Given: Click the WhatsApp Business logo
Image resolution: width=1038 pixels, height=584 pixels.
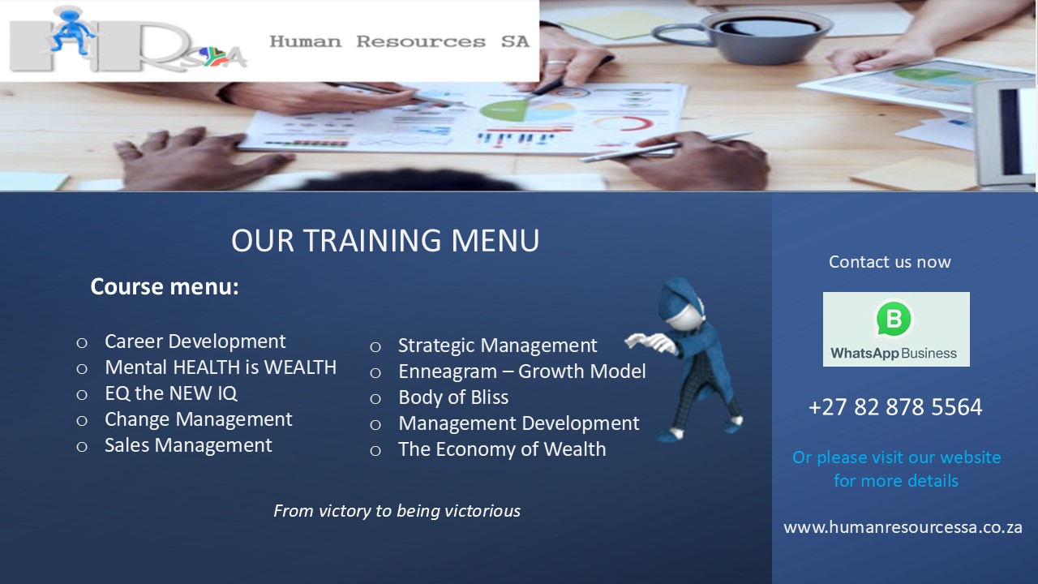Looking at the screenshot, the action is click(896, 329).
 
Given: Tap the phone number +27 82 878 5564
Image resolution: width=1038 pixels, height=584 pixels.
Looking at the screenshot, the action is click(894, 407).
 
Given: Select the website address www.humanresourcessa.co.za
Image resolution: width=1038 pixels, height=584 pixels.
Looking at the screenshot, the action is click(903, 527).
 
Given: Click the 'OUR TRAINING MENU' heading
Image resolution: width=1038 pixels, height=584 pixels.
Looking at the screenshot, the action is click(385, 241).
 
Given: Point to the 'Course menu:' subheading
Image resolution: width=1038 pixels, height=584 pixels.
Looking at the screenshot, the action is click(165, 286).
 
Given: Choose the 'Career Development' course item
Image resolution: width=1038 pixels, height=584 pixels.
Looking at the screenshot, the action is click(195, 341).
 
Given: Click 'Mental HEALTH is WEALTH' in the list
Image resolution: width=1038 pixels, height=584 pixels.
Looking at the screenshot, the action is click(221, 367).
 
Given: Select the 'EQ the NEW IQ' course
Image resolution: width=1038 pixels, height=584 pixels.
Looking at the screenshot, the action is click(171, 393).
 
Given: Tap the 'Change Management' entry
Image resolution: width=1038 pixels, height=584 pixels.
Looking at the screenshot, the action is click(199, 419).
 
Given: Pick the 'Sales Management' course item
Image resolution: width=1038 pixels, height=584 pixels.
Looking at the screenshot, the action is click(188, 445).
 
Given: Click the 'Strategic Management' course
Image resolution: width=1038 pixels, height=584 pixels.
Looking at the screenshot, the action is click(498, 346).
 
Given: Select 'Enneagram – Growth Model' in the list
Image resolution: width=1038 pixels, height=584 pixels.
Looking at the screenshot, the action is click(521, 371).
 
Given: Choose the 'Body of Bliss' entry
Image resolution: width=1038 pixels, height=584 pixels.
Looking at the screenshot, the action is click(453, 397).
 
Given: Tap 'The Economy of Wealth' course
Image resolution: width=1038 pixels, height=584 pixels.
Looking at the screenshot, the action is click(502, 449).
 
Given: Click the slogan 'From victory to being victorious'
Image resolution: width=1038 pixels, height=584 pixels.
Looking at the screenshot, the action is click(397, 511).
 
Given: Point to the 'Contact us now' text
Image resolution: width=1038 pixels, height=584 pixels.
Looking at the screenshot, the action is click(890, 262).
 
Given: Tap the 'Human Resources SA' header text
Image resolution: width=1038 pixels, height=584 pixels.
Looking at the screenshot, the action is click(400, 41).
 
